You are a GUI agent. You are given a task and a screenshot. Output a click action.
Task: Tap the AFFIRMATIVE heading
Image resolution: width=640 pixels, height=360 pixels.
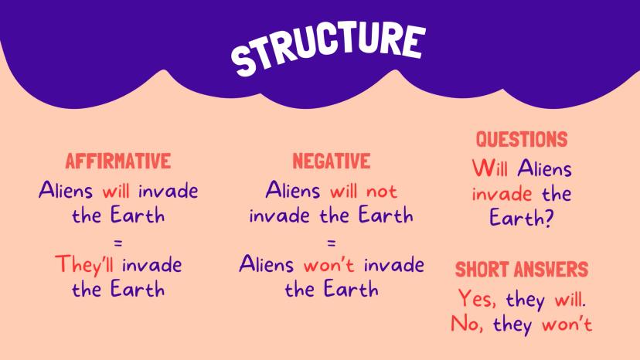pyautogui.click(x=118, y=161)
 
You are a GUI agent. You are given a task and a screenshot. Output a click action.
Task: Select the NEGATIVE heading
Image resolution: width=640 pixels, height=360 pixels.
pyautogui.click(x=332, y=161)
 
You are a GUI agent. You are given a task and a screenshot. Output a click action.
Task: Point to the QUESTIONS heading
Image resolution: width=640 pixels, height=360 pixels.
pyautogui.click(x=522, y=139)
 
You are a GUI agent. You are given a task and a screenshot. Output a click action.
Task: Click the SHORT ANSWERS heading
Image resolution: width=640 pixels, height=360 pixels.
pyautogui.click(x=522, y=270)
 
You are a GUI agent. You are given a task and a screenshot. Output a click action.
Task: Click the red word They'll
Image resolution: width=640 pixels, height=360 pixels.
pyautogui.click(x=84, y=265)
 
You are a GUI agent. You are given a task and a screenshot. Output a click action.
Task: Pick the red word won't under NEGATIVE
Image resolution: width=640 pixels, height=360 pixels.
pyautogui.click(x=329, y=266)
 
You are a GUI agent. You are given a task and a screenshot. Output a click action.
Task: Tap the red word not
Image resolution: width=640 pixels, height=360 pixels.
pyautogui.click(x=382, y=191)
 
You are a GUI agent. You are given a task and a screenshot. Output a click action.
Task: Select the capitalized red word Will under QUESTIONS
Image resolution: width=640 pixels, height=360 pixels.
pyautogui.click(x=490, y=168)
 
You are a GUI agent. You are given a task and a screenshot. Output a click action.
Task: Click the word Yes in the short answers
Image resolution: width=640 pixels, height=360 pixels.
pyautogui.click(x=477, y=298)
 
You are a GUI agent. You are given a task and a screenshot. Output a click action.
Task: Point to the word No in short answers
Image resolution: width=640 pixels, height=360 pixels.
pyautogui.click(x=467, y=324)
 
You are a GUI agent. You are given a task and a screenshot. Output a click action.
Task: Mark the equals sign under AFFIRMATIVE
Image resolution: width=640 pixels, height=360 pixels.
pyautogui.click(x=118, y=243)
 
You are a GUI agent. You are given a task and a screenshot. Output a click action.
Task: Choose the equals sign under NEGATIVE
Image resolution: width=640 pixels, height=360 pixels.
pyautogui.click(x=332, y=243)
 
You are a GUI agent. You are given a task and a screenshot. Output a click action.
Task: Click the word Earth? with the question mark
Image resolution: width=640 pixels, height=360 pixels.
pyautogui.click(x=521, y=218)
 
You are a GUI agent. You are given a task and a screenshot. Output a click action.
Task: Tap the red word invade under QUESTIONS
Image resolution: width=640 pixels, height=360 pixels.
pyautogui.click(x=502, y=193)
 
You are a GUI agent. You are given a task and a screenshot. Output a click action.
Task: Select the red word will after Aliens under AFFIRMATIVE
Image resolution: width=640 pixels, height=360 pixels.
pyautogui.click(x=116, y=191)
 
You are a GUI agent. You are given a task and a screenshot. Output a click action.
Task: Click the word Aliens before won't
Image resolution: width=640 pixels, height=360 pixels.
pyautogui.click(x=266, y=263)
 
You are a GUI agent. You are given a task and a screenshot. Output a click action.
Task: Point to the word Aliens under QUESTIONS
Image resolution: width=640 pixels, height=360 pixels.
pyautogui.click(x=544, y=168)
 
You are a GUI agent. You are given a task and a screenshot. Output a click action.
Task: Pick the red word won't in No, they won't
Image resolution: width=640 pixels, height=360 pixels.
pyautogui.click(x=567, y=324)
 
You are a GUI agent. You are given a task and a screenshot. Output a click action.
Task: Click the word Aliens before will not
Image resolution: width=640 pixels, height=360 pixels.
pyautogui.click(x=293, y=190)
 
